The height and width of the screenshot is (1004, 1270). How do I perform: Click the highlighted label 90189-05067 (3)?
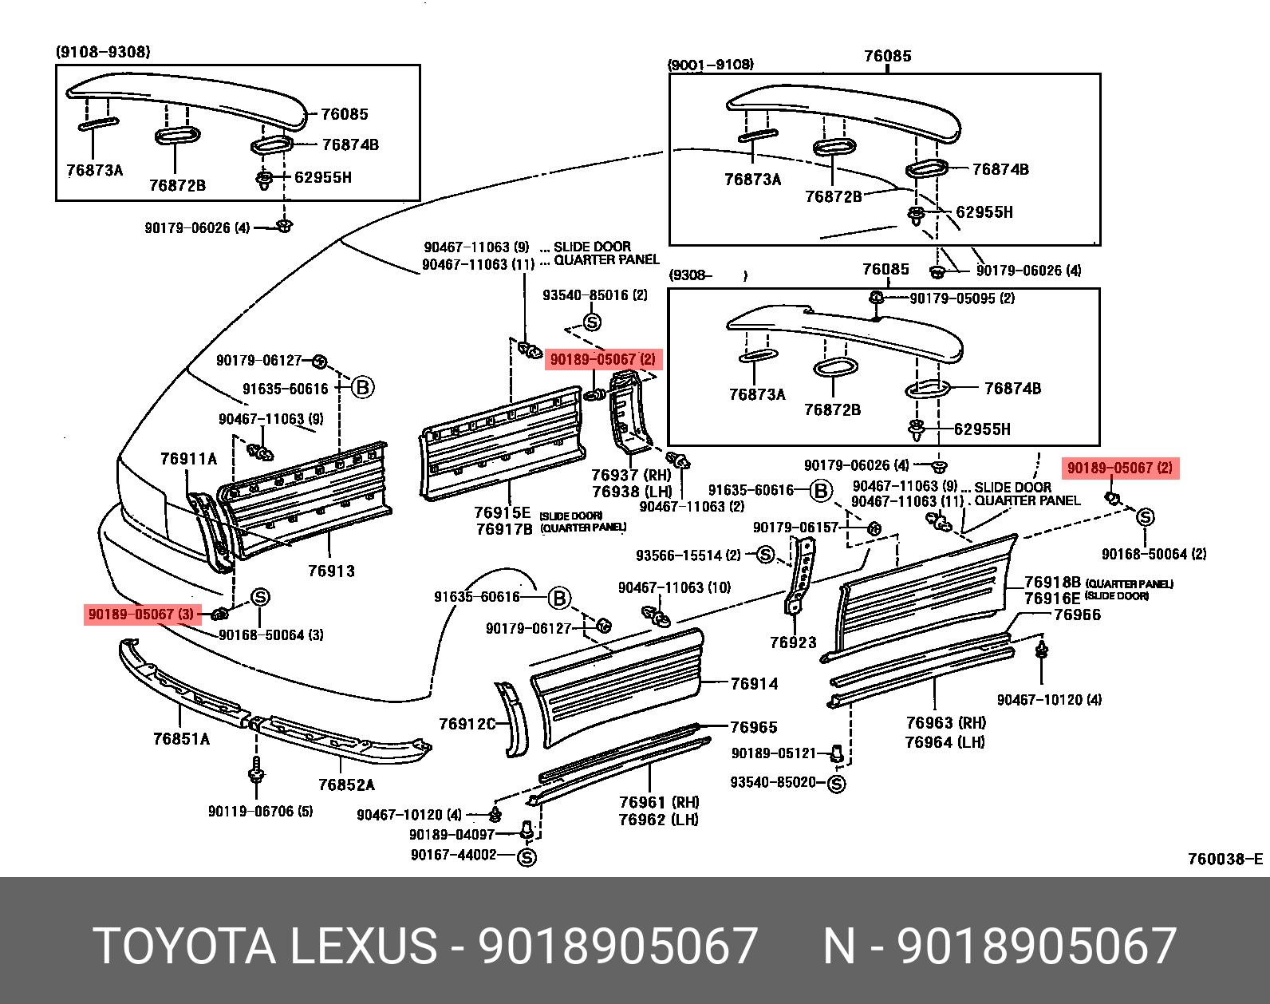(140, 615)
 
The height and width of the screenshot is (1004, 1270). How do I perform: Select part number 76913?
(331, 571)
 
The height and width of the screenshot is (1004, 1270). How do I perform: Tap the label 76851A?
(181, 739)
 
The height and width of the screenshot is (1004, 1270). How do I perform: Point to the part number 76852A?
(346, 785)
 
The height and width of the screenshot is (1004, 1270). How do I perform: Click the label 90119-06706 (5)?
(260, 811)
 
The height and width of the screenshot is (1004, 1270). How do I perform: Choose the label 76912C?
(467, 724)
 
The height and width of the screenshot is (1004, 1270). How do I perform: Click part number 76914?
(754, 683)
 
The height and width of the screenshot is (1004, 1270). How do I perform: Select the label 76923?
(793, 642)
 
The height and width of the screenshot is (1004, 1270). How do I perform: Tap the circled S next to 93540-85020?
(836, 784)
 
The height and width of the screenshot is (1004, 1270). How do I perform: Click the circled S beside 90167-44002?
(527, 857)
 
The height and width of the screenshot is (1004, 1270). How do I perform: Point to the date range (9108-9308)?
(102, 52)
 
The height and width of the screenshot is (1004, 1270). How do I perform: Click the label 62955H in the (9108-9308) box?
(322, 177)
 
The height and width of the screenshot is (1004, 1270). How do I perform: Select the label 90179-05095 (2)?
(962, 298)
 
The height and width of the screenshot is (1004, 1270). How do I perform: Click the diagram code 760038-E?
(1225, 859)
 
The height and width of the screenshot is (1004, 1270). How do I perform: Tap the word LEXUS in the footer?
(362, 946)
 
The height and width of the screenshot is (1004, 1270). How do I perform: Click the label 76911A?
(188, 458)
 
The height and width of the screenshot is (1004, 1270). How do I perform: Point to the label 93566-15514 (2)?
(688, 555)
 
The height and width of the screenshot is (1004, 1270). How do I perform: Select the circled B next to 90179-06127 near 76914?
(559, 597)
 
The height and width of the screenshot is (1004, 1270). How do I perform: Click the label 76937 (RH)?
(631, 475)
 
